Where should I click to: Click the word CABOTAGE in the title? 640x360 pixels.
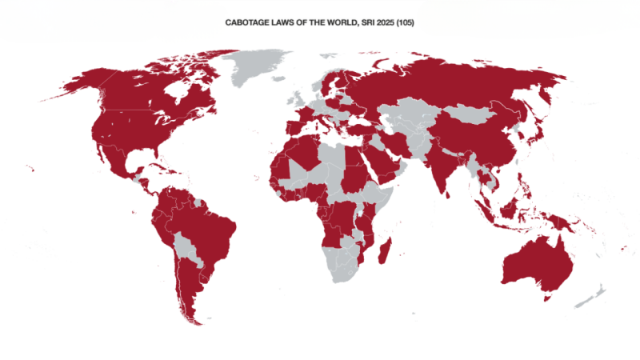[247, 24]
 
